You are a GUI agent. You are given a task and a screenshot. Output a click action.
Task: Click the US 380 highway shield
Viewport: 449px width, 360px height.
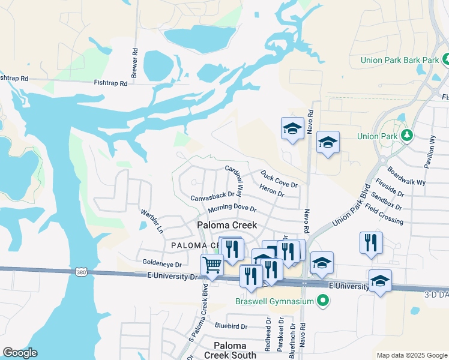82,272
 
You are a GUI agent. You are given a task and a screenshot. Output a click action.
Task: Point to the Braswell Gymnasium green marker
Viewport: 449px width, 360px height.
324,301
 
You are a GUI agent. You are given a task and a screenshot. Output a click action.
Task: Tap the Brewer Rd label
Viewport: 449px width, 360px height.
134,61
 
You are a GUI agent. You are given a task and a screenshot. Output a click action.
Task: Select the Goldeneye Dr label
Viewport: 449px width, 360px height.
162,263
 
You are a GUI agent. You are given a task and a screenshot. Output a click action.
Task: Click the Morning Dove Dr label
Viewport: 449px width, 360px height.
232,209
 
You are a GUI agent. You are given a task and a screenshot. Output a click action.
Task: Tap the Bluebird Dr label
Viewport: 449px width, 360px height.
231,326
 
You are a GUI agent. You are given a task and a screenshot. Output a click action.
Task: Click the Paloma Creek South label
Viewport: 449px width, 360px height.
231,350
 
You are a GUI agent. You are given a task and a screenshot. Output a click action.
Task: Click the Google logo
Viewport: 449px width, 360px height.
20,353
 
